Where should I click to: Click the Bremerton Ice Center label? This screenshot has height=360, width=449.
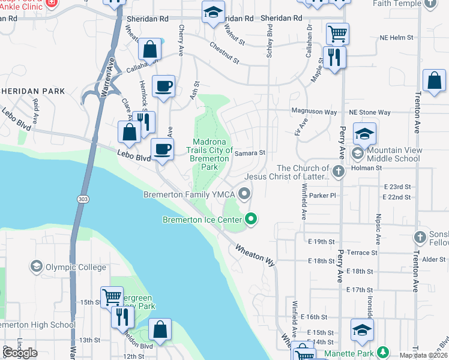202,220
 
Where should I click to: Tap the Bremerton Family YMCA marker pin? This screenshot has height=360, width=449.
244,193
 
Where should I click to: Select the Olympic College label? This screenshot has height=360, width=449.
76,267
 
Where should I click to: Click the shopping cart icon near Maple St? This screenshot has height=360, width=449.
338,33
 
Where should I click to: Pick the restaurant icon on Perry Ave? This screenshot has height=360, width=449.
334,57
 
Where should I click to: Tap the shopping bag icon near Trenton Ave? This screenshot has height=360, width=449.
433,80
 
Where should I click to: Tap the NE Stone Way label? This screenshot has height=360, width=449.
370,112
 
